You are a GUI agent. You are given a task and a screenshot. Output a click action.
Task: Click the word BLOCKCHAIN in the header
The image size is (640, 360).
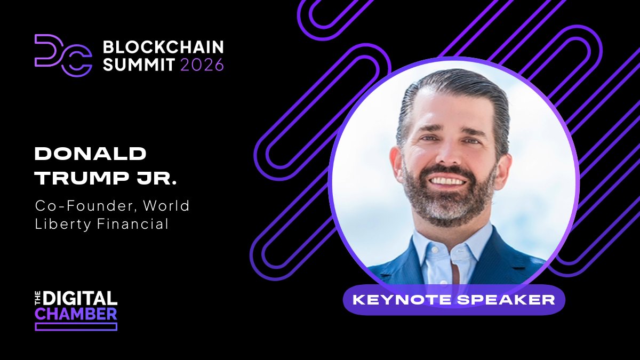[x=163, y=47]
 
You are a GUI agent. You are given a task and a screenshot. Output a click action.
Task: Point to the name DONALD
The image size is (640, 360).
[x=90, y=155]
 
